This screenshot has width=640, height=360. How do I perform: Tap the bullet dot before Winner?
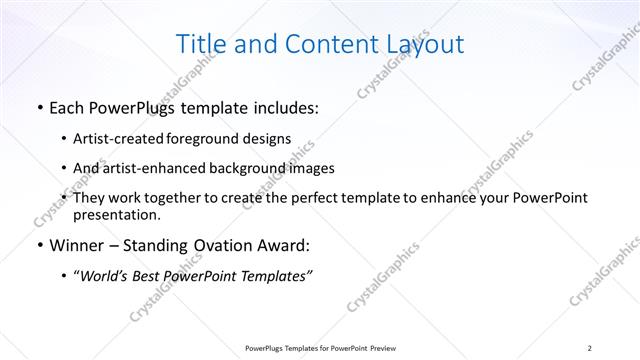pyautogui.click(x=38, y=245)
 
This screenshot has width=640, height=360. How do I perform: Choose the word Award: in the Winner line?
pyautogui.click(x=288, y=245)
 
